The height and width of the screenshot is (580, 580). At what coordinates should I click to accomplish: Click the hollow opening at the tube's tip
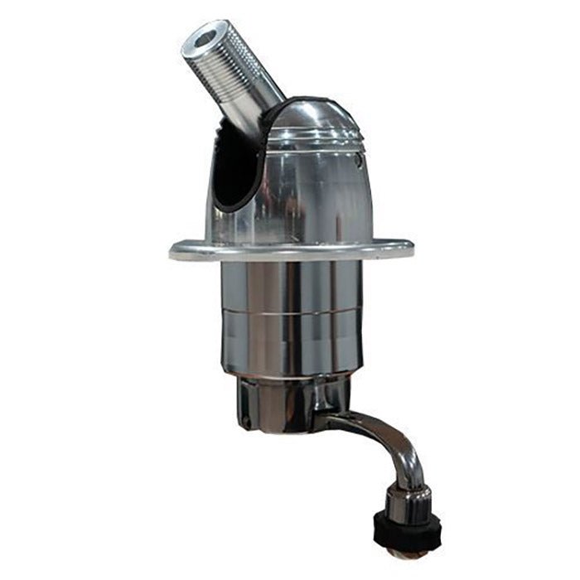(x=201, y=38)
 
